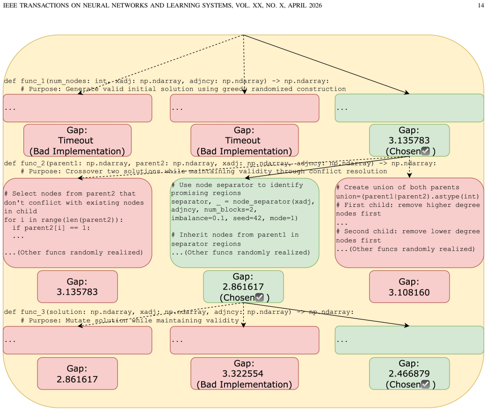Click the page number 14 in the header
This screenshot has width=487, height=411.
(481, 5)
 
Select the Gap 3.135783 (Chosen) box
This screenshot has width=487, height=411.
(409, 141)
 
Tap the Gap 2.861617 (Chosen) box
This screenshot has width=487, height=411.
(243, 287)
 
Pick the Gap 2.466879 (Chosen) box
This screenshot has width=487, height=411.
(409, 374)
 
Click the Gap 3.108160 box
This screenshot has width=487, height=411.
(409, 287)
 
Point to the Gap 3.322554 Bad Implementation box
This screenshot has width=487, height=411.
(244, 374)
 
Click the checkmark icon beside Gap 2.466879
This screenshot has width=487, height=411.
(425, 384)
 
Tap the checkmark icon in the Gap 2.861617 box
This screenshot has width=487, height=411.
(259, 298)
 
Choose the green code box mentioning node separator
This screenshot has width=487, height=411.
(244, 223)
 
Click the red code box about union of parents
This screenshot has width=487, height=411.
(409, 223)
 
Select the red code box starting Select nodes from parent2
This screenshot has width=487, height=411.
(77, 223)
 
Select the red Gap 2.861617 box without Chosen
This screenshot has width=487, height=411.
(77, 374)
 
